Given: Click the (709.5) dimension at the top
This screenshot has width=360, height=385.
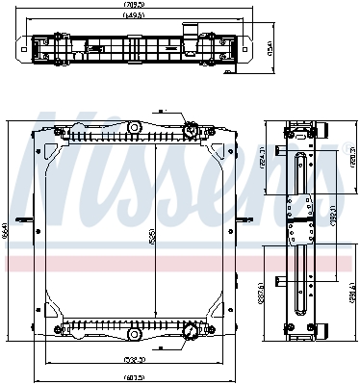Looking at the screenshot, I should [134, 5].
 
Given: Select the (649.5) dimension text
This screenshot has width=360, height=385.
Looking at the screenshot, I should [134, 16].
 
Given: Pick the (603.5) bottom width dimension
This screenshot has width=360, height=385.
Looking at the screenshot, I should [134, 376].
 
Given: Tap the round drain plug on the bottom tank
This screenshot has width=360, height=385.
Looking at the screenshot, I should [191, 332].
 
